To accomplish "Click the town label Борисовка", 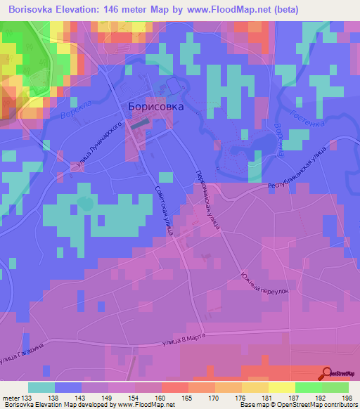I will [156, 107].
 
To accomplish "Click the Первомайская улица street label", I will [210, 201].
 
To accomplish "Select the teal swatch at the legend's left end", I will [41, 387].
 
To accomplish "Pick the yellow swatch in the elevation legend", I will [281, 387].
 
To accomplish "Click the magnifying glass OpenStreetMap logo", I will [328, 374].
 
